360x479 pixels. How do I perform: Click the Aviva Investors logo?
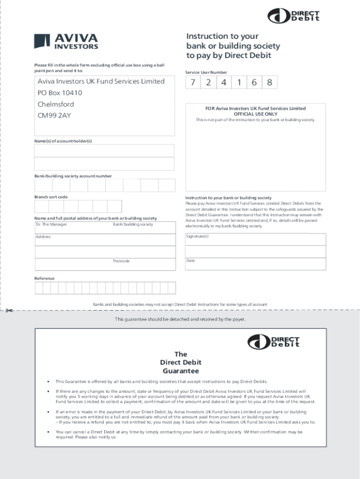66,41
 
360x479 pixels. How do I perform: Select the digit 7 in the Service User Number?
193,82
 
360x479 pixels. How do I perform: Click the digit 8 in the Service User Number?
270,82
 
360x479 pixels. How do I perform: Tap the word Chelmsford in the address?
56,104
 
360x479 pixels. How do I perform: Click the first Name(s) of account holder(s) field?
104,151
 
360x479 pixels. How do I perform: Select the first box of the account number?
43,185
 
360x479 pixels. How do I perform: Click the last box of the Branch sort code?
114,206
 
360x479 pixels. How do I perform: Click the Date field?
255,264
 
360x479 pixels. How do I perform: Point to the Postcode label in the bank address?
121,261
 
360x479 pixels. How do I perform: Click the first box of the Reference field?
39,287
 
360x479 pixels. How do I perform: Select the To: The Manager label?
51,224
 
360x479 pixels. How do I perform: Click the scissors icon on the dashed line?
11,311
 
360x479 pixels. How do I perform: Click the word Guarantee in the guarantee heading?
180,371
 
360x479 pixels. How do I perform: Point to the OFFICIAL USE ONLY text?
255,114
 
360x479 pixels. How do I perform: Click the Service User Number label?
206,72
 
